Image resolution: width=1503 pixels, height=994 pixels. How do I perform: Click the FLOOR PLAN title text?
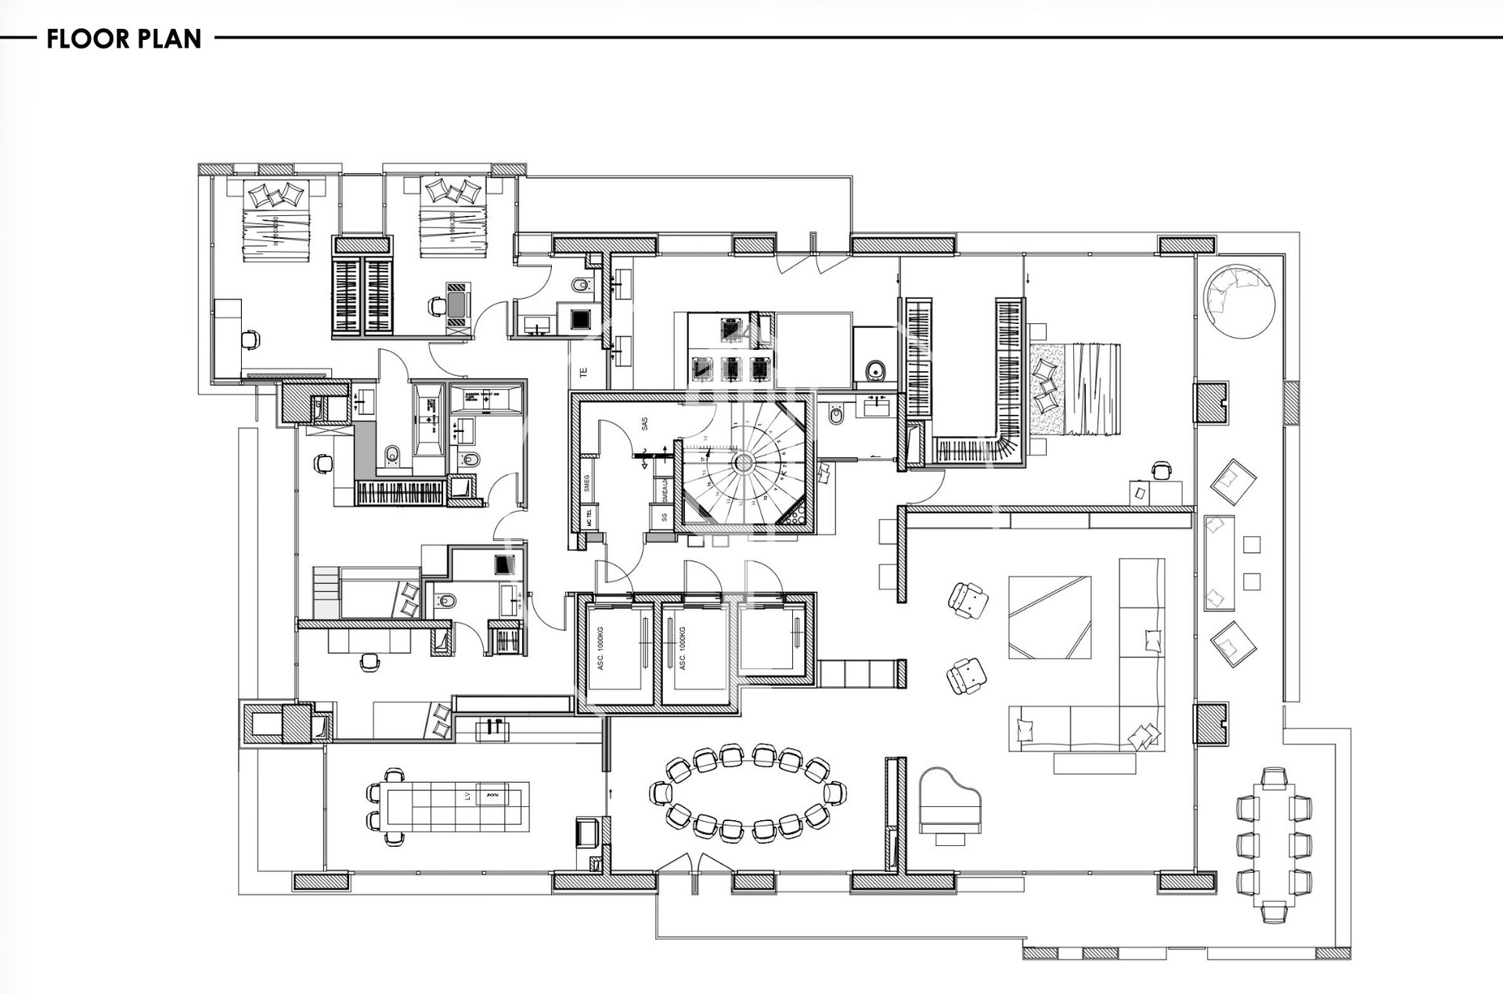124,38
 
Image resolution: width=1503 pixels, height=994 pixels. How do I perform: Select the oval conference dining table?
748,793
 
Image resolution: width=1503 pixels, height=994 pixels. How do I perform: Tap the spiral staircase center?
742,463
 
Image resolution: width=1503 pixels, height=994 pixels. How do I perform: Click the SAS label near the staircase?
645,423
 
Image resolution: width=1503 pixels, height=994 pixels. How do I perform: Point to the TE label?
583,373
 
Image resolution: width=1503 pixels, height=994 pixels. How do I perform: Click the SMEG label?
586,483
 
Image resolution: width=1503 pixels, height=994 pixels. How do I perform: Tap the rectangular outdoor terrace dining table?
1274,836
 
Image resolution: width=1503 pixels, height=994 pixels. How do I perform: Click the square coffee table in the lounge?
1050,617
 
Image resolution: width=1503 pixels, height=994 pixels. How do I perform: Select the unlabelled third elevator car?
771,638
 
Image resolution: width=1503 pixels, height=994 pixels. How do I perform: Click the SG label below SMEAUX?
664,517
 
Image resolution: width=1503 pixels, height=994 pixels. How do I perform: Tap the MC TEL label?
589,517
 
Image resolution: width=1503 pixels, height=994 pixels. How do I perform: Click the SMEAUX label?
665,491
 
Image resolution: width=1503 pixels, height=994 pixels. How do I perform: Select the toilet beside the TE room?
581,285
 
